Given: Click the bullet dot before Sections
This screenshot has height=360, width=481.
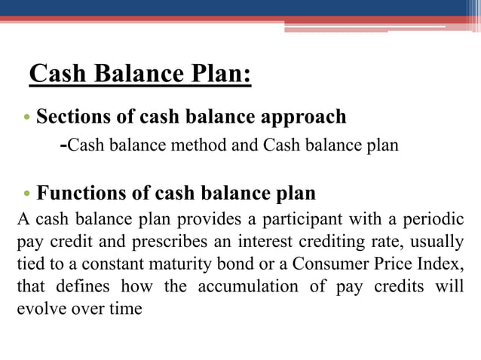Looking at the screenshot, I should (28, 119).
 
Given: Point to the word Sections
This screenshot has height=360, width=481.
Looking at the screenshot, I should (75, 117).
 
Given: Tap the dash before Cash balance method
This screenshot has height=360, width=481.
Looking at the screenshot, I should (63, 145).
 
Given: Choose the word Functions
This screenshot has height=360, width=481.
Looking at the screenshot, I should (81, 194).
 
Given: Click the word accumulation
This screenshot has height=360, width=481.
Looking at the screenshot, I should (240, 287).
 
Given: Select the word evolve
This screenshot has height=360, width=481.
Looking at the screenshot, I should (39, 310).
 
